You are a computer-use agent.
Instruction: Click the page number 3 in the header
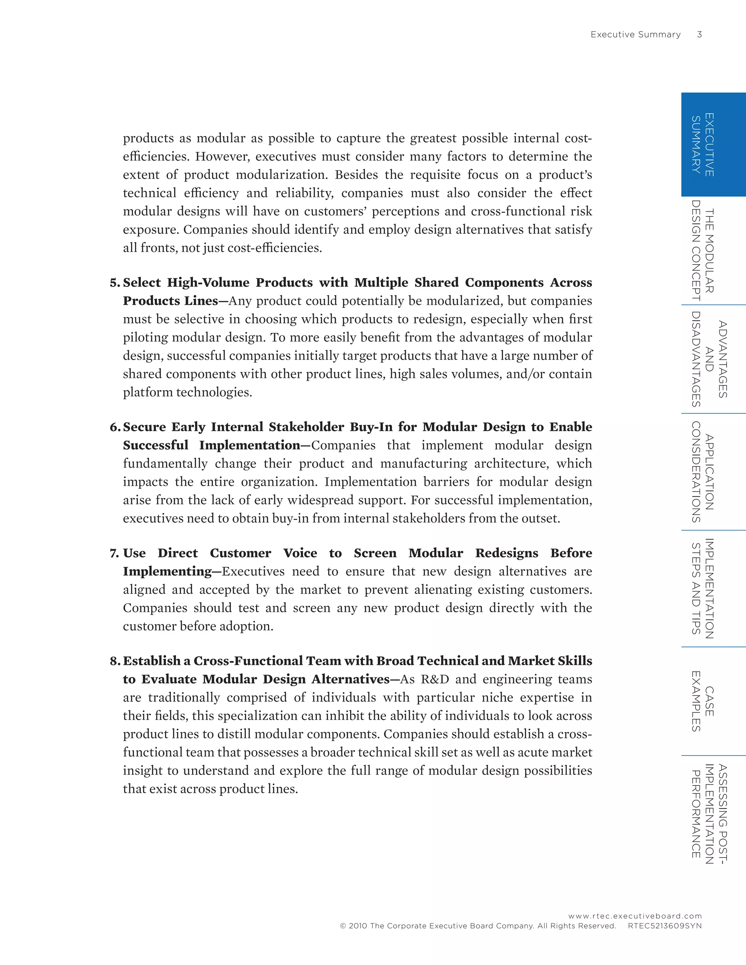699,35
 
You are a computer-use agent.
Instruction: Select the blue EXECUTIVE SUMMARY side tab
713,145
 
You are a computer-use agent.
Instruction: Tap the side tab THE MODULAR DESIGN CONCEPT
702,251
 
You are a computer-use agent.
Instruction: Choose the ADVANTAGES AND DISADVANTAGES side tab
709,359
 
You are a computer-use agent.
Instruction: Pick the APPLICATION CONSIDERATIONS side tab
702,472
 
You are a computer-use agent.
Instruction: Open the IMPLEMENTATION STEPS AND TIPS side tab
702,588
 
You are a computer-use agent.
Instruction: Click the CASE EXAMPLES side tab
702,701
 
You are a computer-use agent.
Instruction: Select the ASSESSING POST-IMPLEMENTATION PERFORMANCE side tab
709,814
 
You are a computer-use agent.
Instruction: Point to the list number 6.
114,427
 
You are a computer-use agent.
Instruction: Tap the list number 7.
114,553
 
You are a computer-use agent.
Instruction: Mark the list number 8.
114,661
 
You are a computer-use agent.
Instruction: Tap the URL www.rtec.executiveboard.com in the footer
635,916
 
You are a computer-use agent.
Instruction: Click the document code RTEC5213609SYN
664,926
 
